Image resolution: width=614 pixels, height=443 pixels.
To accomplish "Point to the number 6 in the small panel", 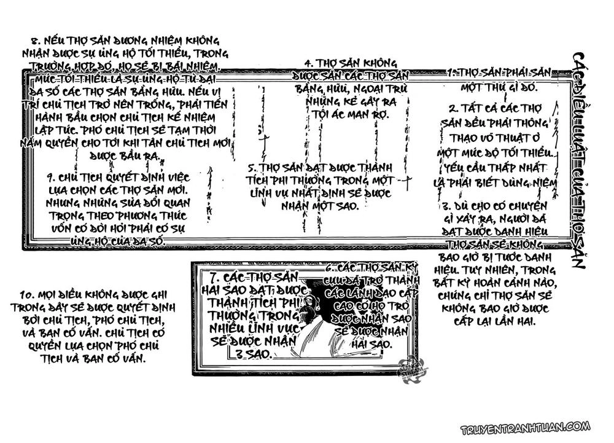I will click(x=328, y=269).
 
